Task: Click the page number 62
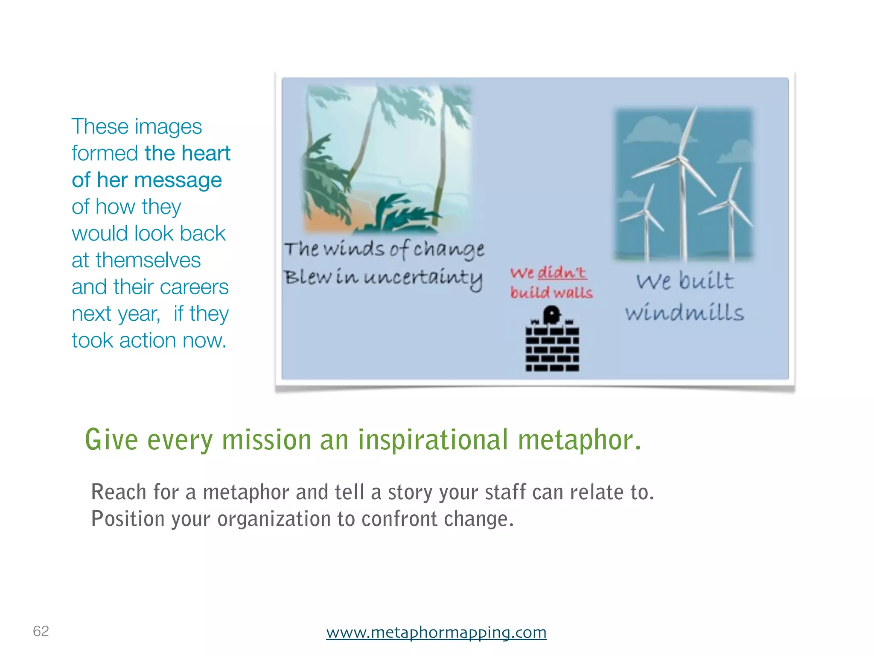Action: [41, 631]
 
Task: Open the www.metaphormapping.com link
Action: [436, 632]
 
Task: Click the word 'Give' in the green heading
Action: [111, 439]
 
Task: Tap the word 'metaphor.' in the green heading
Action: [580, 440]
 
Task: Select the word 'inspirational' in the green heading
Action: [433, 440]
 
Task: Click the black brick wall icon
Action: [552, 348]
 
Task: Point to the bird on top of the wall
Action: [551, 315]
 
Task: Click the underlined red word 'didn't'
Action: [562, 272]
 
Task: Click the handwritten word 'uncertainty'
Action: [423, 278]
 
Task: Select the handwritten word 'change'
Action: [449, 249]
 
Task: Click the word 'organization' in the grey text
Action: [273, 518]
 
